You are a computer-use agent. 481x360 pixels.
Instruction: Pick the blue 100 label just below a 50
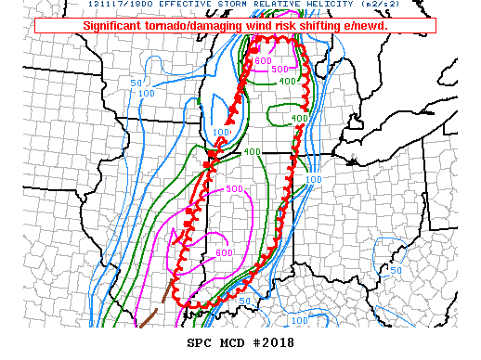pos(146,93)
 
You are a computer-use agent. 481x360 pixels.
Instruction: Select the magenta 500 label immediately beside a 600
pos(278,69)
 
